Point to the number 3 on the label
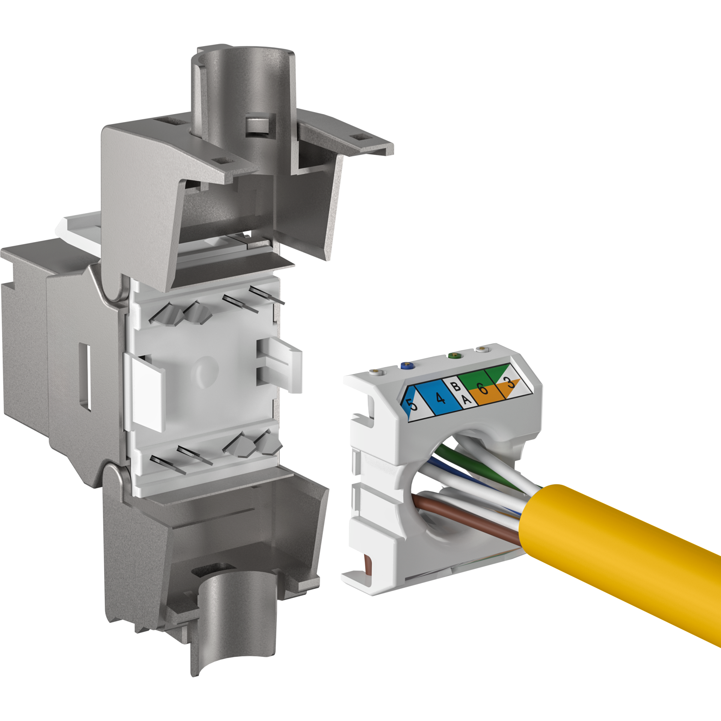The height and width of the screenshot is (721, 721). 510,383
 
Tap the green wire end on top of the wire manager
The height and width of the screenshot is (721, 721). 454,354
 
